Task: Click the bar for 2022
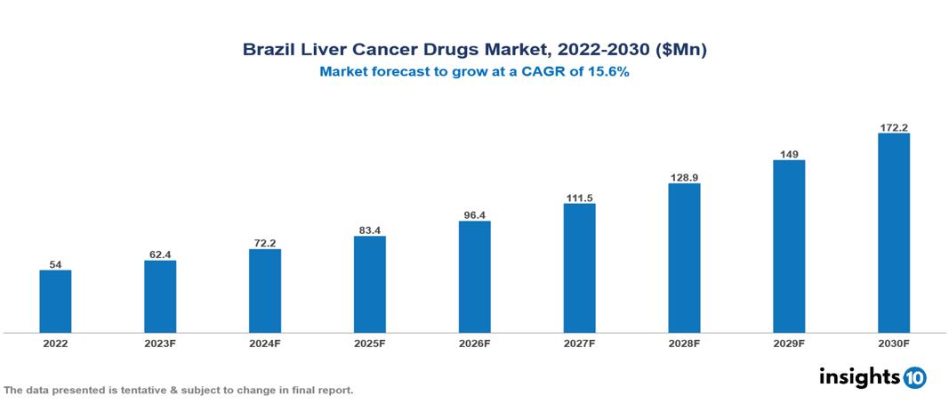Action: [55, 302]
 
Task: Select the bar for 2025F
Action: [369, 284]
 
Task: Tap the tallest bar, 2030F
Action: [893, 233]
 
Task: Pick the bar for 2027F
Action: [579, 268]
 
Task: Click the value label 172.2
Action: [893, 127]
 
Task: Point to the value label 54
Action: [55, 264]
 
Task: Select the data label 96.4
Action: [474, 214]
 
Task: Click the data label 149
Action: [789, 154]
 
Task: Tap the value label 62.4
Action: [160, 255]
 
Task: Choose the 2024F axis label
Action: [264, 343]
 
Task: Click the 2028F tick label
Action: [684, 343]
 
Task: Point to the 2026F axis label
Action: [474, 343]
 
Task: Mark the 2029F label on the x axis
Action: [789, 343]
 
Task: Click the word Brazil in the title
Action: [268, 51]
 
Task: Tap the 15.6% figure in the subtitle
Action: [607, 73]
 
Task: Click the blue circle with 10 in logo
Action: [914, 377]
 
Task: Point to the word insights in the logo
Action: [859, 376]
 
